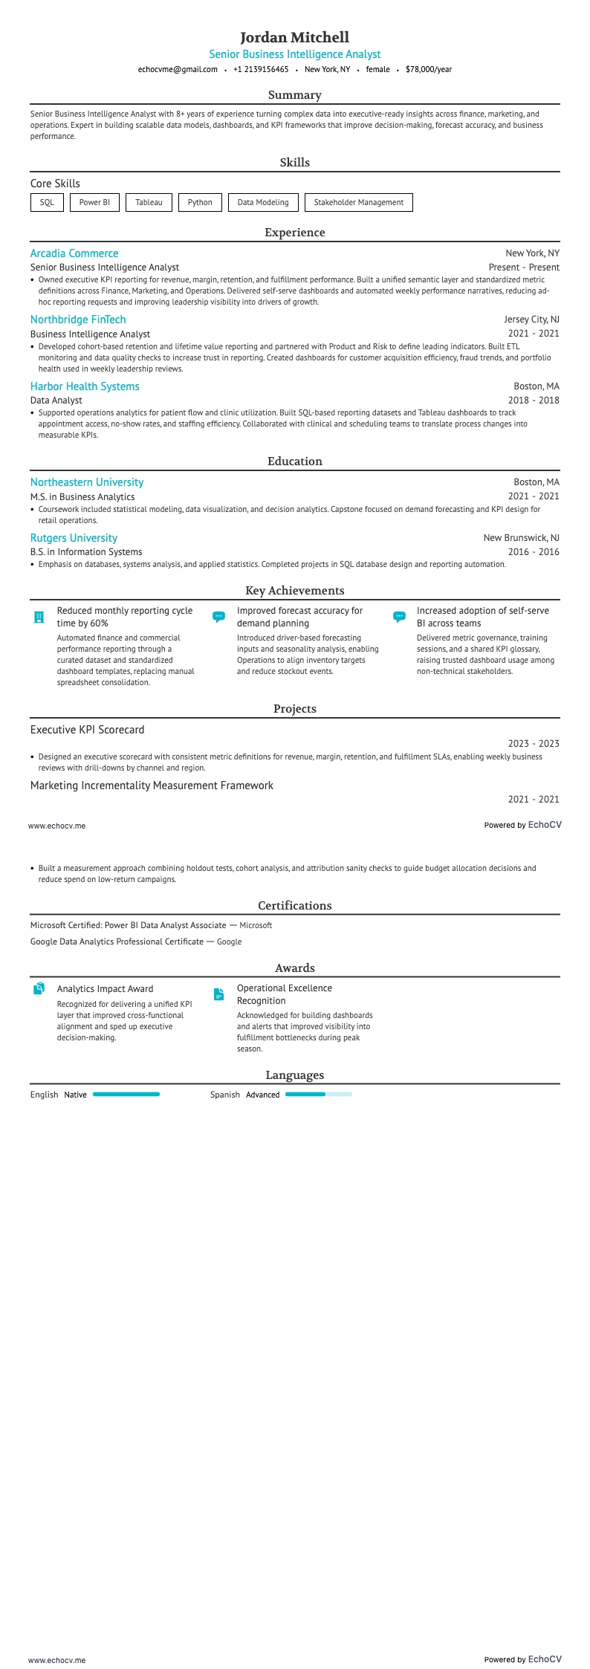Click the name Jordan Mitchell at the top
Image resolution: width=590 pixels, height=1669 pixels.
coord(294,37)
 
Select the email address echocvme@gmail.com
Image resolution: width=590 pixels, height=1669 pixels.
coord(178,70)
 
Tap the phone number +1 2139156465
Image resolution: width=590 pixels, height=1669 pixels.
coord(261,70)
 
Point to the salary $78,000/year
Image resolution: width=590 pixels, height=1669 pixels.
coord(428,70)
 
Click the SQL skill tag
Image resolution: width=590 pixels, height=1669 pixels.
coord(47,202)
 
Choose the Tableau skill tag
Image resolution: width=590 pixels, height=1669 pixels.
coord(149,202)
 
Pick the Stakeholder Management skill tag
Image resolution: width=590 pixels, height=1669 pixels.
coord(358,202)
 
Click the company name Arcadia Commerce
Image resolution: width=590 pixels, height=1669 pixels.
coord(74,253)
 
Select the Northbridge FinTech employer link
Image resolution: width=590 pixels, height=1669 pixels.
coord(78,320)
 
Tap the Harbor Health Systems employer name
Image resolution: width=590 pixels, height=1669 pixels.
coord(85,386)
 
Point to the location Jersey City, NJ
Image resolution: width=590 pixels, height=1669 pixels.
coord(531,320)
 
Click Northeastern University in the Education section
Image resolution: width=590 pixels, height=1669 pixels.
coord(87,482)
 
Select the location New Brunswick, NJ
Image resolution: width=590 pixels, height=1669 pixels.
coord(521,538)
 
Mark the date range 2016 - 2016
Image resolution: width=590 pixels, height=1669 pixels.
coord(534,552)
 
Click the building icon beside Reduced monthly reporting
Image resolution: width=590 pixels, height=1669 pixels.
coord(39,617)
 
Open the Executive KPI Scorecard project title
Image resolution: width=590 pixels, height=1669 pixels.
coord(88,730)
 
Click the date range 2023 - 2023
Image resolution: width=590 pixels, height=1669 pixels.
coord(534,744)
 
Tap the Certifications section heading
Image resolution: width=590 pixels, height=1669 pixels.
coord(294,905)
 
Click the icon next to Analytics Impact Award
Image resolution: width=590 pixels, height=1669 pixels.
coord(39,989)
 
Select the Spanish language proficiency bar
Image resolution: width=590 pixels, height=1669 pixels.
coord(318,1095)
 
